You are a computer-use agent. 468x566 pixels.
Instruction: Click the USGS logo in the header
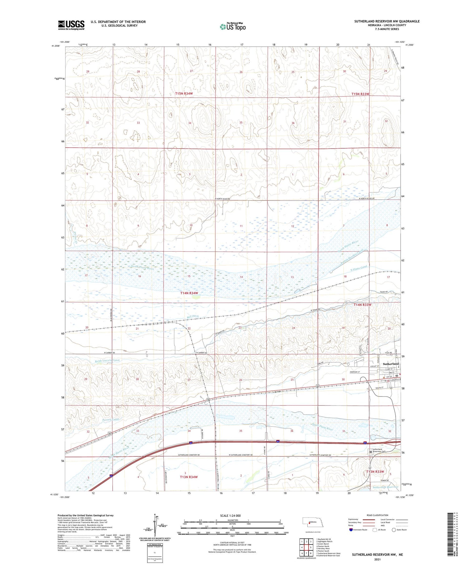point(71,25)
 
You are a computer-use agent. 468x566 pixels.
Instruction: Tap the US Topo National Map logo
point(232,27)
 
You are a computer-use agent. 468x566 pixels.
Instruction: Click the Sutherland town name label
point(391,364)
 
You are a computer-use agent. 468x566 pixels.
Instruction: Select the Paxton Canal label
point(110,420)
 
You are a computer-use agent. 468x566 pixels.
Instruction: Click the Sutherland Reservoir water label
point(385,487)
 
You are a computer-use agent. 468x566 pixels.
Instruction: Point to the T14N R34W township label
point(193,293)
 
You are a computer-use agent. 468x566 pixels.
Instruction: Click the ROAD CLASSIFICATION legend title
point(378,515)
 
